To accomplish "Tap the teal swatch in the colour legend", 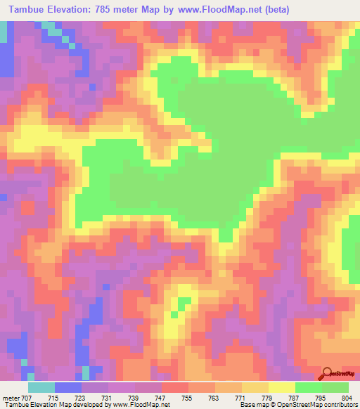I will pos(41,387).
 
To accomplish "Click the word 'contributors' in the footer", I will pos(340,405).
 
